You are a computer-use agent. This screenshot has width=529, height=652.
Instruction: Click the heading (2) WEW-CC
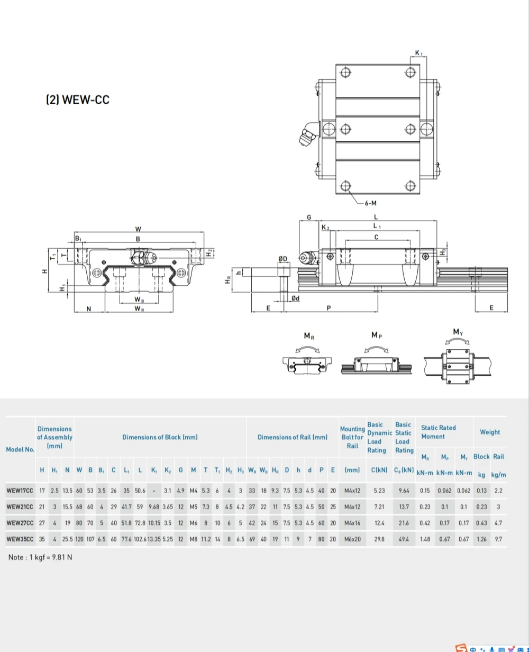(78, 100)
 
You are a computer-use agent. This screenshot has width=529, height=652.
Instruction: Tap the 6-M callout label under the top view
(370, 203)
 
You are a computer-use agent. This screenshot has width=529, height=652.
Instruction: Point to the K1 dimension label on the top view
(418, 53)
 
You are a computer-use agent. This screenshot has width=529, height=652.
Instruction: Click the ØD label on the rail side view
(282, 259)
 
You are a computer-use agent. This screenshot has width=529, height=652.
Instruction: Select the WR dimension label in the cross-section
(139, 309)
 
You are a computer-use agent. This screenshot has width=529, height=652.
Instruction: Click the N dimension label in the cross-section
(89, 309)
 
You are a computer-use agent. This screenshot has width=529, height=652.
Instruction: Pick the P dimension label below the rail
(329, 308)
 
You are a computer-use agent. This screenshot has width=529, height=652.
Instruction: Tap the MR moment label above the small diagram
(309, 336)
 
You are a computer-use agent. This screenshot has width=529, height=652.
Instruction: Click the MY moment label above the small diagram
(458, 332)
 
